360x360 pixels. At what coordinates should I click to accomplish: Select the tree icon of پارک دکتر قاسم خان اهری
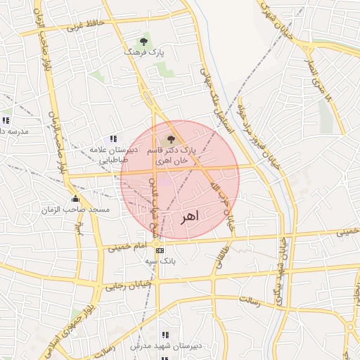(170, 139)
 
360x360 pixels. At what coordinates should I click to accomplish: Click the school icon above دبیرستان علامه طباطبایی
(112, 139)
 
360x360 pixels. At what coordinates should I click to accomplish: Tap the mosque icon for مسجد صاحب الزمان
(75, 199)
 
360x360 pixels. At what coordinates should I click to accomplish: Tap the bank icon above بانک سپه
(160, 250)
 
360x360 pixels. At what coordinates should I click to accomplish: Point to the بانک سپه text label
(160, 261)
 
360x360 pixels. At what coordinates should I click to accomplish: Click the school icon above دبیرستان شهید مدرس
(165, 335)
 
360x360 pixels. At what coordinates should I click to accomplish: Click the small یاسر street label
(79, 228)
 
